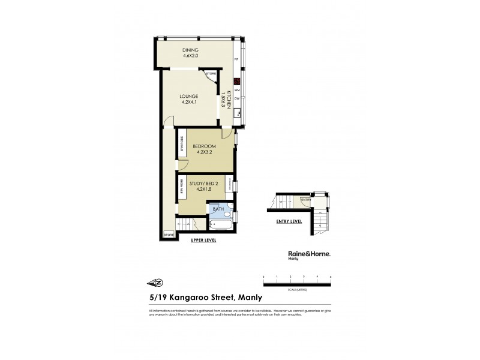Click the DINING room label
coord(191,50)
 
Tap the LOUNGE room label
coord(190,96)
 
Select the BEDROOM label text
coord(205,146)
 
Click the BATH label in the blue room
coord(218,209)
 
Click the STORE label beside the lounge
coord(211,74)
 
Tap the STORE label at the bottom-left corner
coord(169,235)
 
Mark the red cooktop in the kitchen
coord(237,82)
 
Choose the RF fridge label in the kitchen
coord(237,59)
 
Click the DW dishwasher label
coord(237,98)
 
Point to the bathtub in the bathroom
coord(219,226)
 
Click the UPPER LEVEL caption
coord(203,241)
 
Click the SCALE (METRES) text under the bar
coord(297,289)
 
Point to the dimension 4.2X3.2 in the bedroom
coord(205,152)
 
